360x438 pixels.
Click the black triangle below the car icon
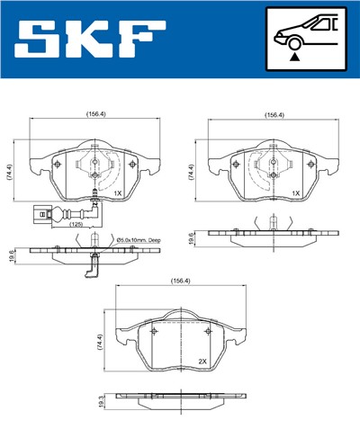click(294, 56)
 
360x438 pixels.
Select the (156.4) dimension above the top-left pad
click(93, 115)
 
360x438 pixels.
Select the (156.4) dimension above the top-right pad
click(274, 115)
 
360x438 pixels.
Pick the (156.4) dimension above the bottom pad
click(181, 282)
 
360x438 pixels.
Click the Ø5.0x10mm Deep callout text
click(139, 240)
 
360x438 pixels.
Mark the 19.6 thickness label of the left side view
click(11, 255)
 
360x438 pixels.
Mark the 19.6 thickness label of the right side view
click(191, 237)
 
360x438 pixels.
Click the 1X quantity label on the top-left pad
click(117, 192)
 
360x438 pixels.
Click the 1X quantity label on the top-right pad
click(295, 192)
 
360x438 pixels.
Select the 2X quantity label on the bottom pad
click(202, 361)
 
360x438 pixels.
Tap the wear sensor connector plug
click(37, 216)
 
